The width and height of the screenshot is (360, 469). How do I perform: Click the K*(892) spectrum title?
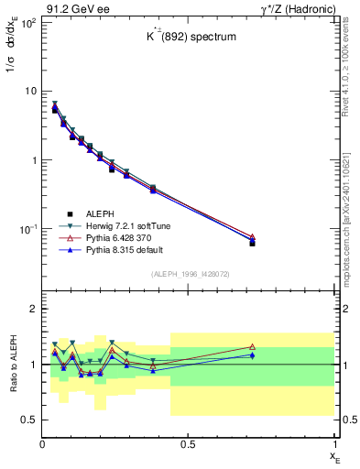(x=188, y=38)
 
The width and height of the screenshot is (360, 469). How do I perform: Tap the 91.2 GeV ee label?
(x=71, y=8)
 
